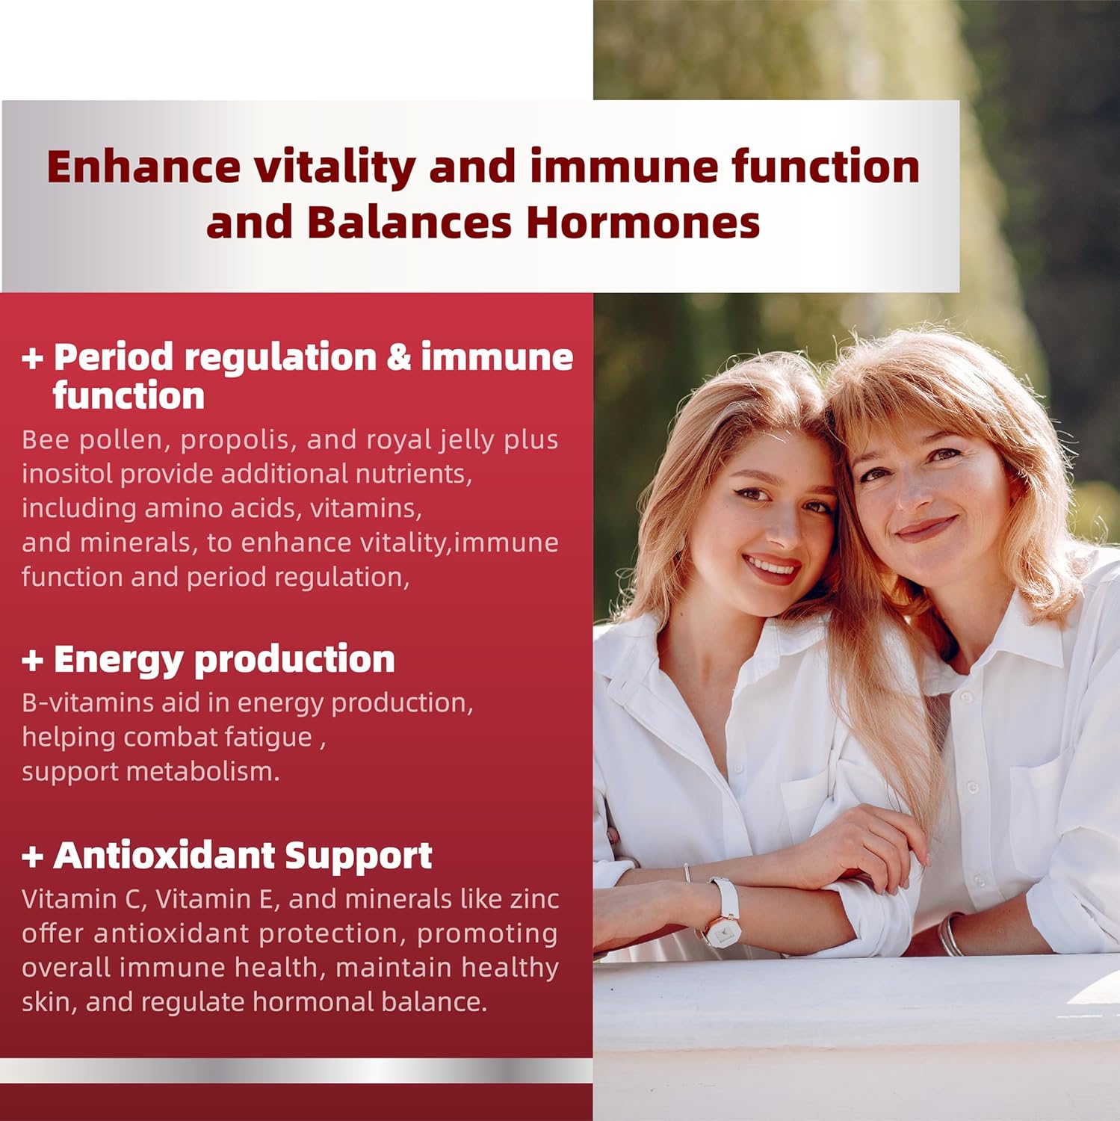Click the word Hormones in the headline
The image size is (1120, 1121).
643,223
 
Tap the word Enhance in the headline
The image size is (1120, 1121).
143,167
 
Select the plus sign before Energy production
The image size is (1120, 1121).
32,660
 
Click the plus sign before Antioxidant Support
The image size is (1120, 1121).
32,856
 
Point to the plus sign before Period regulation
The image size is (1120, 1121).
32,358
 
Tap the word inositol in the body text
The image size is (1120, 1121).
66,474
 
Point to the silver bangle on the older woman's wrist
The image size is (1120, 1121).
950,935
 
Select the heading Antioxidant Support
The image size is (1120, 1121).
243,856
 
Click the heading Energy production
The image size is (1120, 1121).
224,660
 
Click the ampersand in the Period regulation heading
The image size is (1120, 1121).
399,358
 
